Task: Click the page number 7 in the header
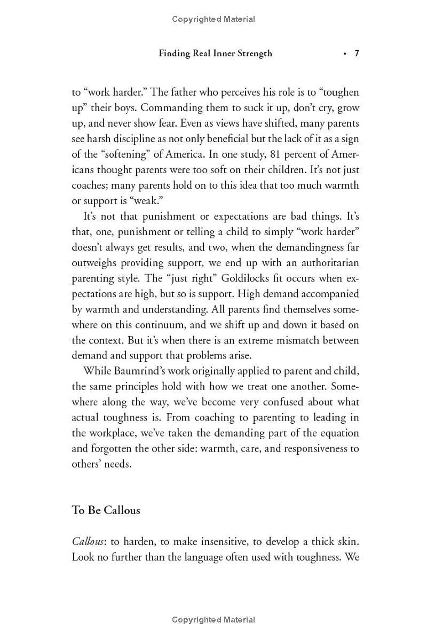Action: pyautogui.click(x=357, y=53)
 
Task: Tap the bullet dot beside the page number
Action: pyautogui.click(x=345, y=53)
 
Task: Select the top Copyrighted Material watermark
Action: pyautogui.click(x=213, y=19)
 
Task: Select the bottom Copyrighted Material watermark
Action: pyautogui.click(x=213, y=620)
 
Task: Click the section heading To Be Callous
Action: pyautogui.click(x=106, y=510)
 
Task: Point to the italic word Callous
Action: pyautogui.click(x=88, y=541)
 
